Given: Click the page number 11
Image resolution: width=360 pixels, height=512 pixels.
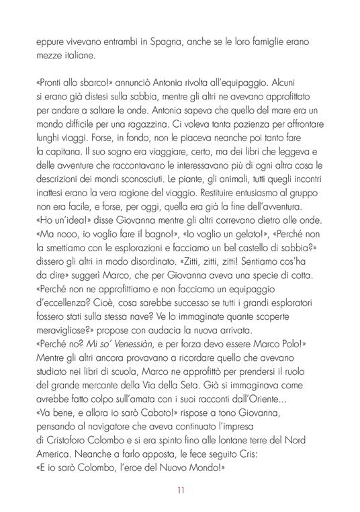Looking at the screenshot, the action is pyautogui.click(x=180, y=489).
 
